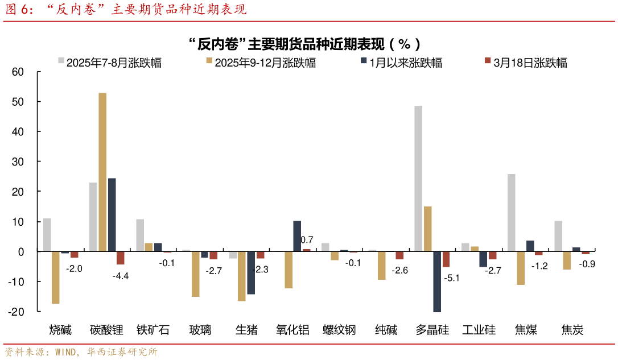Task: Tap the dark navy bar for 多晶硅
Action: click(437, 282)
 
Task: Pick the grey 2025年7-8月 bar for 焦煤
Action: click(511, 213)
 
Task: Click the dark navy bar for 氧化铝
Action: click(297, 236)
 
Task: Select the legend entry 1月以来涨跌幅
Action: click(401, 63)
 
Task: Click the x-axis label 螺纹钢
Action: click(339, 330)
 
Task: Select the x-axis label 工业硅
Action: click(479, 330)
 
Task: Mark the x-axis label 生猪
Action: click(246, 330)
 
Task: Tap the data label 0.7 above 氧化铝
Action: click(307, 240)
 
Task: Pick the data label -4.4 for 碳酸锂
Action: click(121, 276)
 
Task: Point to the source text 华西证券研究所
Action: click(122, 352)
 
